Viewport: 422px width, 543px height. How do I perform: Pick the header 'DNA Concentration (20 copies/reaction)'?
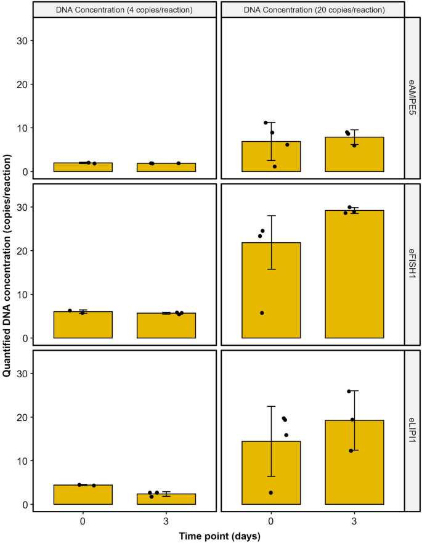point(312,10)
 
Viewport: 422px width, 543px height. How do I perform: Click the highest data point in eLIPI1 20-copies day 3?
point(349,391)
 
